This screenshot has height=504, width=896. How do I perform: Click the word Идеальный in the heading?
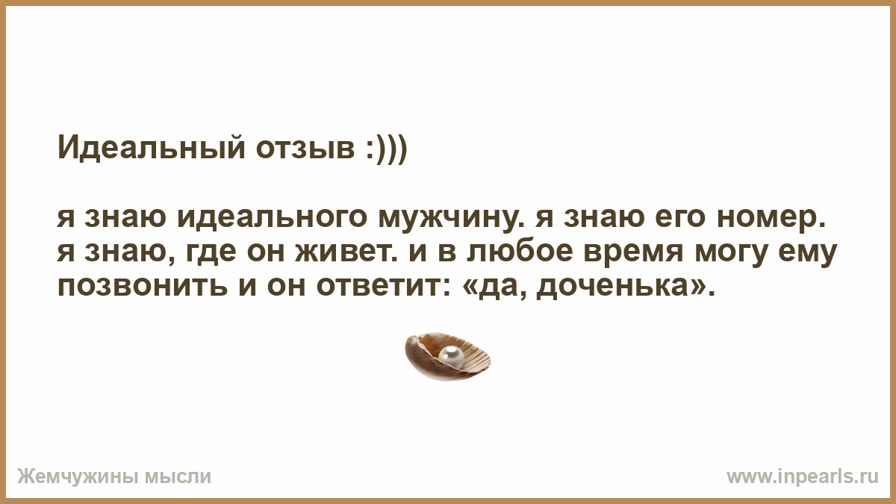pyautogui.click(x=151, y=148)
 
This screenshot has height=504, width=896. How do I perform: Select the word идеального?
pyautogui.click(x=272, y=219)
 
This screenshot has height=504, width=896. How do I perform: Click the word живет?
pyautogui.click(x=346, y=252)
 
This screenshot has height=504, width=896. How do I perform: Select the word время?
pyautogui.click(x=633, y=252)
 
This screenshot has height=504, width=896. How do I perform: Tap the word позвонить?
pyautogui.click(x=143, y=287)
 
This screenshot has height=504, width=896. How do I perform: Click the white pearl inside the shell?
pyautogui.click(x=451, y=356)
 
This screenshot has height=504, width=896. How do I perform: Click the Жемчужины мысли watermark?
pyautogui.click(x=114, y=477)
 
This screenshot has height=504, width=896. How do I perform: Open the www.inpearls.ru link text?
pyautogui.click(x=803, y=477)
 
